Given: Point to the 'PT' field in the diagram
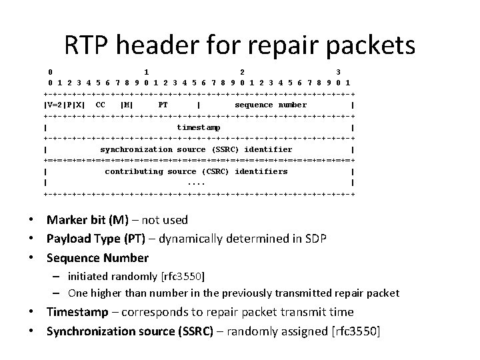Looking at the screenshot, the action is pos(163,105).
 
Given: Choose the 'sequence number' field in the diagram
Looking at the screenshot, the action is pos(271,105).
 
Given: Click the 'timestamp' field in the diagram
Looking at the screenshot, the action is pos(199,127).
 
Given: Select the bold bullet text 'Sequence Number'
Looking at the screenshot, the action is pos(97,257).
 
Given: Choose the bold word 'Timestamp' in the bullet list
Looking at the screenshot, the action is pos(77,312).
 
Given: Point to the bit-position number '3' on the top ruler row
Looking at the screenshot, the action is pos(338,71).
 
